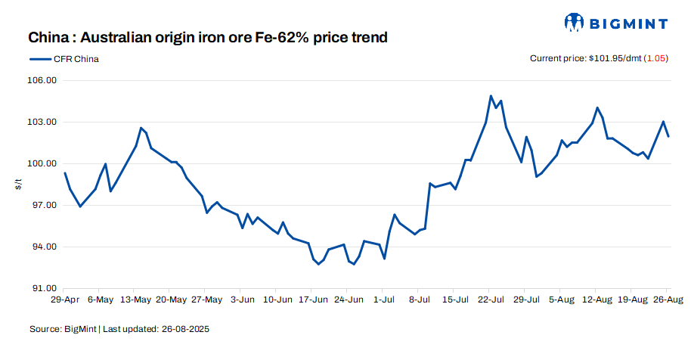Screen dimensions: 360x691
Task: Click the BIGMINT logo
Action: click(x=616, y=23)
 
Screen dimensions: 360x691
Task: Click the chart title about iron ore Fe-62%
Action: click(x=208, y=37)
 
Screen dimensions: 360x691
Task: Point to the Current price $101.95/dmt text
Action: click(x=584, y=58)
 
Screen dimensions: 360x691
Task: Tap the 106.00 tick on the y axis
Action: click(x=42, y=80)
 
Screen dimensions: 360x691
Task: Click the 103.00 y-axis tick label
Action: click(x=42, y=122)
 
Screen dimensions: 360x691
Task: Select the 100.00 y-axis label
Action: click(x=42, y=163)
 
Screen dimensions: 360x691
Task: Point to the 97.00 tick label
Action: click(x=44, y=205)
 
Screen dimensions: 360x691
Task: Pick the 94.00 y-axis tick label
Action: click(x=44, y=247)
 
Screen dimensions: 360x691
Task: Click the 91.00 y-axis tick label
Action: click(x=44, y=288)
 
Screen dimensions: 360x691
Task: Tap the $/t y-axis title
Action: click(x=19, y=184)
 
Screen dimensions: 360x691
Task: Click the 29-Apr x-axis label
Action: click(x=65, y=299)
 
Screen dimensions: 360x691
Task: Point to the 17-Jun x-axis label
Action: click(x=311, y=299)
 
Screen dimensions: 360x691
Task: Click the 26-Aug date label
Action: click(x=667, y=299)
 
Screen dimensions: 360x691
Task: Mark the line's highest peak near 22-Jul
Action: click(x=491, y=96)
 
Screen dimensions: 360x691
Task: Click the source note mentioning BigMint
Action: click(x=119, y=330)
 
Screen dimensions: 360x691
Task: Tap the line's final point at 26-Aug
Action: click(x=668, y=136)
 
